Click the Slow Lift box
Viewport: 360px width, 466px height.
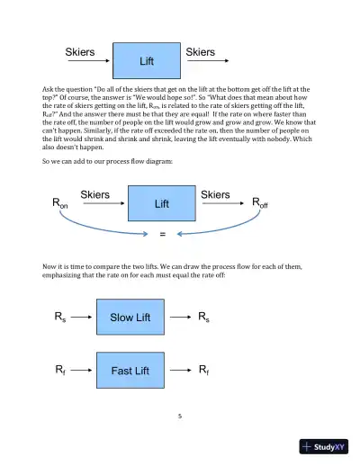click(x=130, y=318)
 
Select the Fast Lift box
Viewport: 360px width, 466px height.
click(x=130, y=370)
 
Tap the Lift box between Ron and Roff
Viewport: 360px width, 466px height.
click(x=162, y=203)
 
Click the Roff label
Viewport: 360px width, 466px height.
click(x=259, y=204)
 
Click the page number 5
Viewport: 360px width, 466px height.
click(x=180, y=416)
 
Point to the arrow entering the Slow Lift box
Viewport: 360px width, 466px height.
click(x=82, y=318)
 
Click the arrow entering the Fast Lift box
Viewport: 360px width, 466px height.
click(x=82, y=370)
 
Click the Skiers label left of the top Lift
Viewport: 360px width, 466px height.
click(x=81, y=52)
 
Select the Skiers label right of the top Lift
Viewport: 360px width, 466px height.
click(x=200, y=52)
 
